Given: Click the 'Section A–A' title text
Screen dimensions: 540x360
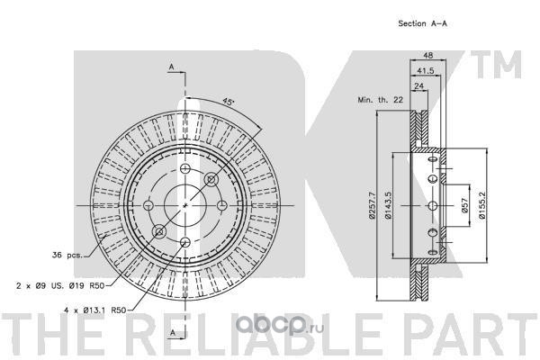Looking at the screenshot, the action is click(x=423, y=23).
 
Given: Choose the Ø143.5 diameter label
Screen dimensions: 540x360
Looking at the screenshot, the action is click(x=391, y=207).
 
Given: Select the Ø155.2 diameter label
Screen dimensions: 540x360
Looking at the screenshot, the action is click(x=483, y=207).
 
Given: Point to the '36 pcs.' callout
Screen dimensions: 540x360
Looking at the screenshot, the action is click(x=68, y=255).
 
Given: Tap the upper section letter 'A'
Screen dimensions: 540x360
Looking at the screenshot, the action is click(x=171, y=67).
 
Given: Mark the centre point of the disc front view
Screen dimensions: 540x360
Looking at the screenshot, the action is click(x=184, y=204).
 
